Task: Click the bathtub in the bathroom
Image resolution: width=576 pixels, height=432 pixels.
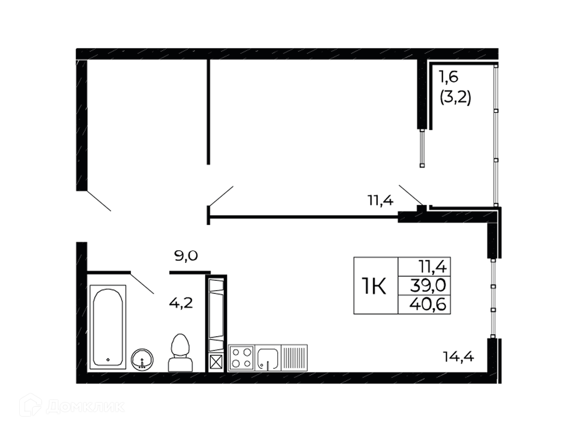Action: [108, 327]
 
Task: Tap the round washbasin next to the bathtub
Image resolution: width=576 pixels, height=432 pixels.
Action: [142, 359]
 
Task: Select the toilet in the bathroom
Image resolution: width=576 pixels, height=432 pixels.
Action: [180, 353]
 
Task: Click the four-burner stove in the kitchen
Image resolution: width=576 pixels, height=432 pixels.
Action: [241, 358]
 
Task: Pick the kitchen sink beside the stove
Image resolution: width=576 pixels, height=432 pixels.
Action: [268, 358]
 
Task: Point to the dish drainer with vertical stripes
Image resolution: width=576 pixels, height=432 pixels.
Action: [294, 358]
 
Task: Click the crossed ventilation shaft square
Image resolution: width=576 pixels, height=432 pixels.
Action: [216, 362]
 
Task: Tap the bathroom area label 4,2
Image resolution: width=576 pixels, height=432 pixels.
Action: [181, 303]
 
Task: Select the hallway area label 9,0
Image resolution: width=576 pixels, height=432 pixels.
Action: [186, 256]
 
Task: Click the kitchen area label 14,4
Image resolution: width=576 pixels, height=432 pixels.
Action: [458, 357]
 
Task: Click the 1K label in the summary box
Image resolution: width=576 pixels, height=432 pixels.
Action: [374, 286]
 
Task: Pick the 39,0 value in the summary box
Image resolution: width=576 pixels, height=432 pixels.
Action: [428, 285]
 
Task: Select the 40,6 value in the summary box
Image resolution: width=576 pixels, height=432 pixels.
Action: [428, 304]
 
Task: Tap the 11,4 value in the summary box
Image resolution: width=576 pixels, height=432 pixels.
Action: [433, 266]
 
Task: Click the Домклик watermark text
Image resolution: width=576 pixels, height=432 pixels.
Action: [85, 407]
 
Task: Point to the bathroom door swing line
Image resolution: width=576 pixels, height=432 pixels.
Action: [142, 283]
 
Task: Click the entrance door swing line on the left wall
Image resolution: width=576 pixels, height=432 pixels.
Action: [99, 201]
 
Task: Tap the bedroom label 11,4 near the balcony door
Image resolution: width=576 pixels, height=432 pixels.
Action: [380, 200]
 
